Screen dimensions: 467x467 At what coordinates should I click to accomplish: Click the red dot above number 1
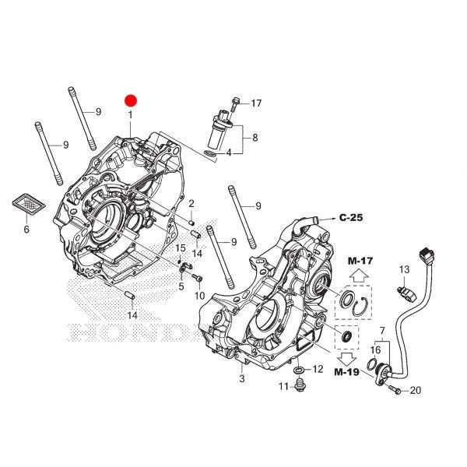tap(131, 101)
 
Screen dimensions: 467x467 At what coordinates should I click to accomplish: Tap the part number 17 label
tap(256, 104)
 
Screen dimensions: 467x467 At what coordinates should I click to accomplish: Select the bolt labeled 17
tap(235, 104)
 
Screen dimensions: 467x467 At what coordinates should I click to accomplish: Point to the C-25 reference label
tap(351, 218)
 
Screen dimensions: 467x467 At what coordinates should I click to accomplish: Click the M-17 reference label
tap(360, 261)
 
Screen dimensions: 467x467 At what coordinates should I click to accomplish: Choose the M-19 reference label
tap(346, 372)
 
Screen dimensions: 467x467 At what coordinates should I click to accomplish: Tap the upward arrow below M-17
tap(359, 276)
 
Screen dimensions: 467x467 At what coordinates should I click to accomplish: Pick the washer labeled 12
tap(299, 370)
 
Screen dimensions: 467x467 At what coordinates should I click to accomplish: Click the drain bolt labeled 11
tap(300, 384)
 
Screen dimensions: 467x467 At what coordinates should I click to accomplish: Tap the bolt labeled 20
tap(395, 389)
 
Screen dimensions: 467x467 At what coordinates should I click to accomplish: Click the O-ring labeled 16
tap(372, 363)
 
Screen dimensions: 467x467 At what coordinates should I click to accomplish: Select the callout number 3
tap(242, 378)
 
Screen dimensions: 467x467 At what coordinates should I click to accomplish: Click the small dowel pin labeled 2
tap(191, 222)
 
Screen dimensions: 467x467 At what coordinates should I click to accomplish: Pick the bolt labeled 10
tap(198, 278)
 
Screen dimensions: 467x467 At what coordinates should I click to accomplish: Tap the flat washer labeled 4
tap(211, 154)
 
